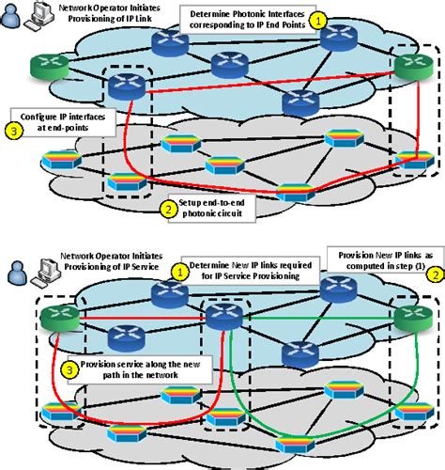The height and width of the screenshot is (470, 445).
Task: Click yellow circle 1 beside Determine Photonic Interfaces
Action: (319, 18)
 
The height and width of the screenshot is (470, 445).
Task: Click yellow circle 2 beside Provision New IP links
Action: (434, 274)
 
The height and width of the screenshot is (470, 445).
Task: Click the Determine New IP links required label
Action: (244, 271)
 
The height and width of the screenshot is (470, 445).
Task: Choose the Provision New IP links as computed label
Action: (377, 263)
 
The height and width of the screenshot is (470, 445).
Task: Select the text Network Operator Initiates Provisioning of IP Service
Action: (105, 259)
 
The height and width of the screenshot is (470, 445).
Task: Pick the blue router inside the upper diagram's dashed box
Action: (123, 86)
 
